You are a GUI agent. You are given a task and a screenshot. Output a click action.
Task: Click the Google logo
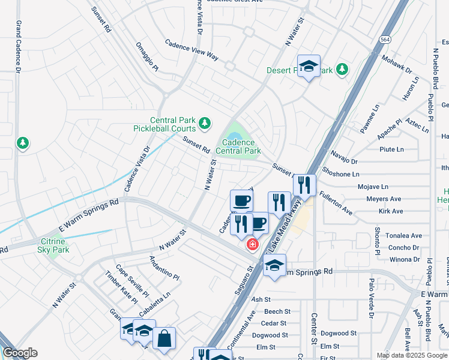point(19,353)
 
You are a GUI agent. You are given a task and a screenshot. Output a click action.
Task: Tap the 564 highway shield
point(385,39)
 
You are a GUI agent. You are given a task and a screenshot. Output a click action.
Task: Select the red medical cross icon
point(253,244)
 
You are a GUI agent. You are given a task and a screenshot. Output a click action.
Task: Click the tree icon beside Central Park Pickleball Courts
point(205,123)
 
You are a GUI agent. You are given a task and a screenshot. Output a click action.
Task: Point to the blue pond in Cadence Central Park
point(235,130)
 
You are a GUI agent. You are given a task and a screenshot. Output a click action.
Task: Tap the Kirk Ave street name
point(391,211)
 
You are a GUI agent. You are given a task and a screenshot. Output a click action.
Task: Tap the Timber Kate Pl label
point(122,289)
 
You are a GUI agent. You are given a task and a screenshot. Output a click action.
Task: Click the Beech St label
point(277,311)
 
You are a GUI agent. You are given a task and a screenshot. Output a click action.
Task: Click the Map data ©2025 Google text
point(411,355)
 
